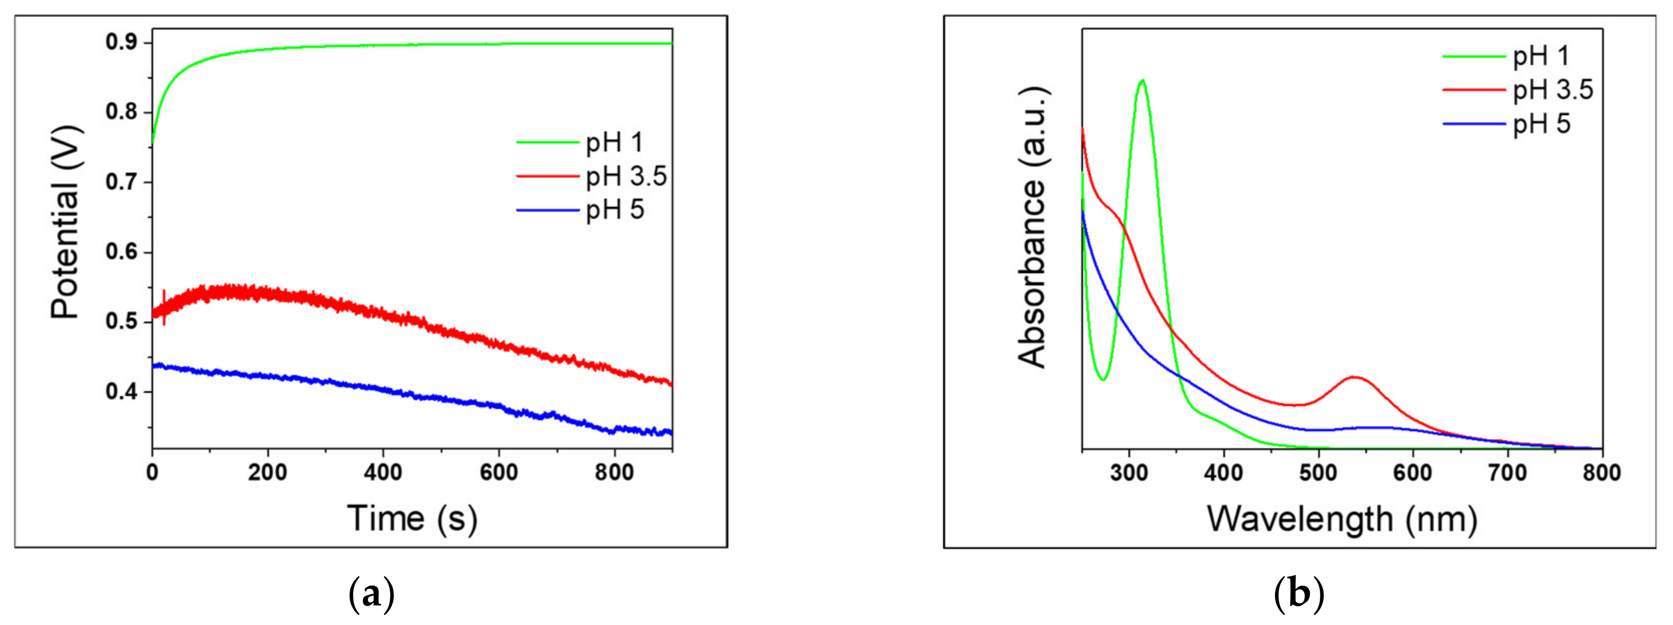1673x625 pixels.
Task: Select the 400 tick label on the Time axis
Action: click(x=382, y=472)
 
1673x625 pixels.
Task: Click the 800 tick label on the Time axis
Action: click(x=614, y=472)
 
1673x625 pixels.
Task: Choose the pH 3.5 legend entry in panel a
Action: click(x=626, y=176)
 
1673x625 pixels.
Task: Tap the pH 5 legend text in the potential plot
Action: click(x=615, y=210)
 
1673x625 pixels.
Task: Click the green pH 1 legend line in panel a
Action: click(x=547, y=141)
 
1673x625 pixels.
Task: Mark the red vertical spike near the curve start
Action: click(x=164, y=307)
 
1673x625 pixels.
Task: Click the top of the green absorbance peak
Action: click(x=1142, y=81)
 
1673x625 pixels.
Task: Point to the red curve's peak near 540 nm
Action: click(x=1354, y=377)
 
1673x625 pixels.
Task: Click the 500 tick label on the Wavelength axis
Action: click(x=1318, y=472)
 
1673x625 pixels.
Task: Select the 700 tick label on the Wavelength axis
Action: click(x=1507, y=472)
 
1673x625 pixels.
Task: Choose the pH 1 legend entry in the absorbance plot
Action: click(x=1541, y=56)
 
